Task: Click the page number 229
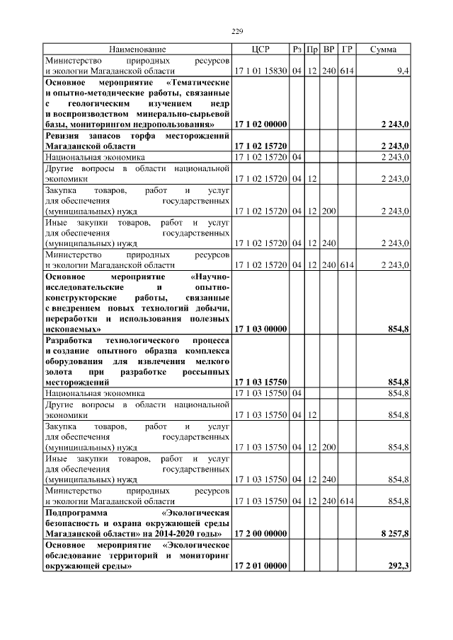tap(237, 31)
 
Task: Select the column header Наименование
tap(137, 50)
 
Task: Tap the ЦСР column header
tap(260, 50)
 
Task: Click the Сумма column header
tap(383, 50)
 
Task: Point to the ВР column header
tap(328, 50)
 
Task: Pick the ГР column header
tap(346, 50)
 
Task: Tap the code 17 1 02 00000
tap(260, 124)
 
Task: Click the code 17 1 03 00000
tap(260, 329)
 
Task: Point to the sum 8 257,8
tap(394, 533)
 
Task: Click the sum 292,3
tap(398, 566)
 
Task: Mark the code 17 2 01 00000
tap(260, 566)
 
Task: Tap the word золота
tap(57, 371)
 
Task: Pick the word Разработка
tap(72, 339)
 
